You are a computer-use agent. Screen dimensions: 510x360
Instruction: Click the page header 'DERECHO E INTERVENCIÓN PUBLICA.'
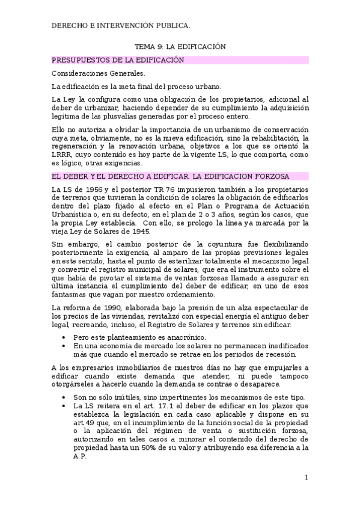pos(121,25)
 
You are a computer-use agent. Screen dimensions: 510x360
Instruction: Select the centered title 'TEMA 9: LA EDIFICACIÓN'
pos(180,47)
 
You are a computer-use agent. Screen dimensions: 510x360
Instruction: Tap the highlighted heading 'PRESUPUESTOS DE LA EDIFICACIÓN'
pos(118,60)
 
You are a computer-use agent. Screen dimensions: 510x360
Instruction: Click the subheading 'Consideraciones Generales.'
pos(94,73)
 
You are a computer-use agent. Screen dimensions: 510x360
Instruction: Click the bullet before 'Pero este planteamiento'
pos(64,338)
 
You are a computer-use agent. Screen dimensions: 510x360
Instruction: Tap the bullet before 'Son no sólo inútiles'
pos(64,398)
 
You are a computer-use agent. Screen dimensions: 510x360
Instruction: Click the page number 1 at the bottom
pos(306,478)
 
